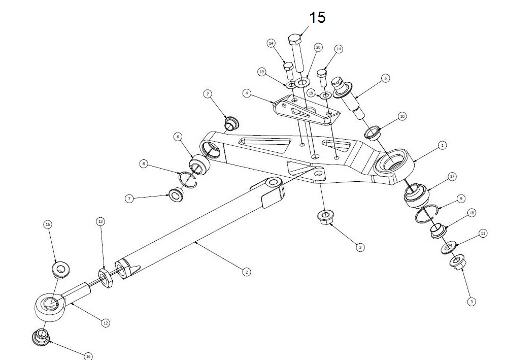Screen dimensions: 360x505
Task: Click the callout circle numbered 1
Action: coord(442,145)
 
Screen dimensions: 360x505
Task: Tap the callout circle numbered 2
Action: coord(246,272)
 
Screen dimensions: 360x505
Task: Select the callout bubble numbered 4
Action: coord(247,93)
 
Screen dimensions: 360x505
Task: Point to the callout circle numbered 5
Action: coord(385,79)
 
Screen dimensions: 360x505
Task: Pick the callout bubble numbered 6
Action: coord(178,136)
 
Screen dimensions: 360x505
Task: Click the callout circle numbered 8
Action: coord(144,163)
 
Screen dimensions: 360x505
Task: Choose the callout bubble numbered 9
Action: coord(461,198)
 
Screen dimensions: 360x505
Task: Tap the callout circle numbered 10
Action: coord(402,116)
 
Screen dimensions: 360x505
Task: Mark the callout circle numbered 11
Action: coord(483,233)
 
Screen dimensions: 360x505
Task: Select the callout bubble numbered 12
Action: coord(106,322)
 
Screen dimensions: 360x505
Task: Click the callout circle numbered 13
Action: coord(100,222)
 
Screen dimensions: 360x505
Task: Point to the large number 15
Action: coord(317,17)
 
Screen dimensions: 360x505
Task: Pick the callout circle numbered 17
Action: coord(452,177)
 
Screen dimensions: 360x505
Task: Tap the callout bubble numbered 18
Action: coord(472,213)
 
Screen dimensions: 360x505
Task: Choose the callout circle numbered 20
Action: coord(318,47)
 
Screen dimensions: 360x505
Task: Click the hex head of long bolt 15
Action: coord(296,40)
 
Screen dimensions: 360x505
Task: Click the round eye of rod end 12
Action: coord(49,305)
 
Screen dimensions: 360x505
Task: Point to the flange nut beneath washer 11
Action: coord(455,264)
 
